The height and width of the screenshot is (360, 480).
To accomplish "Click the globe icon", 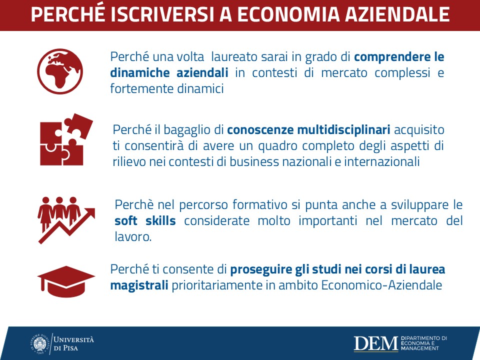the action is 60,71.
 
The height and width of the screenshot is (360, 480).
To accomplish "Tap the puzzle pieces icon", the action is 66,139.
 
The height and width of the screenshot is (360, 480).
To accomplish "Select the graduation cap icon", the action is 66,281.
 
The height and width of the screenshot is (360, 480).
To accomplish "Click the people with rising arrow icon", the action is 66,220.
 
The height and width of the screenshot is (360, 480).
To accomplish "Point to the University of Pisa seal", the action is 40,344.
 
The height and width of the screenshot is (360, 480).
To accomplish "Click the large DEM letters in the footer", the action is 375,344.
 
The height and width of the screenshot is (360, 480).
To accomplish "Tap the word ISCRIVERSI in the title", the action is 162,14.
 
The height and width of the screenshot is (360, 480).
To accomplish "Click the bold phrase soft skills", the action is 145,220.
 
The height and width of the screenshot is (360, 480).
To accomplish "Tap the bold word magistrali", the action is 139,285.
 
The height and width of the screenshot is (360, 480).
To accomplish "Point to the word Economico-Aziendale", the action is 381,285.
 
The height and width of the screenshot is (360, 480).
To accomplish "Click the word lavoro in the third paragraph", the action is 132,236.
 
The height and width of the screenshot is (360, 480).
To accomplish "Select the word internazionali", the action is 381,161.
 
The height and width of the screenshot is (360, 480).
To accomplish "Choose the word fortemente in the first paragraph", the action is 142,89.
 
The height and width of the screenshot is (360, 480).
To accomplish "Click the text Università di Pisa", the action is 74,344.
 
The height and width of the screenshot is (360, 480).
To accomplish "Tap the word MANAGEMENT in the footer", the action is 420,348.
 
